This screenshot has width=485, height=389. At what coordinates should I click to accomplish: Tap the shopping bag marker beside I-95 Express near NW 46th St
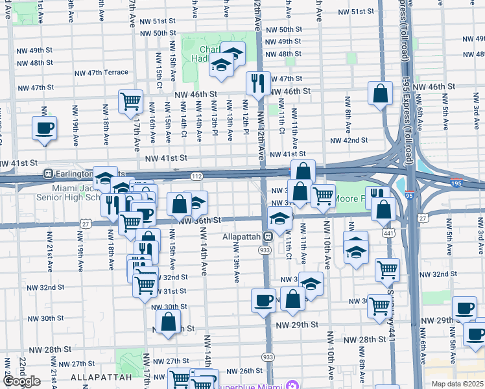(x=380, y=93)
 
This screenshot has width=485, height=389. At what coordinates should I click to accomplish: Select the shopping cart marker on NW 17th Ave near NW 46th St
(x=130, y=102)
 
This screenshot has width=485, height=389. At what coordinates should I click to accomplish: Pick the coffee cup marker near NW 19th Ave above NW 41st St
(x=44, y=128)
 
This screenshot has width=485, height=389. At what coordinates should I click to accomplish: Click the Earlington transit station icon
(x=48, y=174)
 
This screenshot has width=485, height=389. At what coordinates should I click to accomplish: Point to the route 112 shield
(x=196, y=176)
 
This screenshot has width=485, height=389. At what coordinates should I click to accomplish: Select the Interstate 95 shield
(x=456, y=183)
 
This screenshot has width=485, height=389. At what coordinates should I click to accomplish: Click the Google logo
(x=21, y=381)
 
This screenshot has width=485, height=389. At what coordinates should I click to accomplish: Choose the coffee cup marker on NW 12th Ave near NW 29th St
(x=263, y=301)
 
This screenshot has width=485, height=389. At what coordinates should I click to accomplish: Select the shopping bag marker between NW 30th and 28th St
(x=168, y=322)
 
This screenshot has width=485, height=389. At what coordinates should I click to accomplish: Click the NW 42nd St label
(x=349, y=140)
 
